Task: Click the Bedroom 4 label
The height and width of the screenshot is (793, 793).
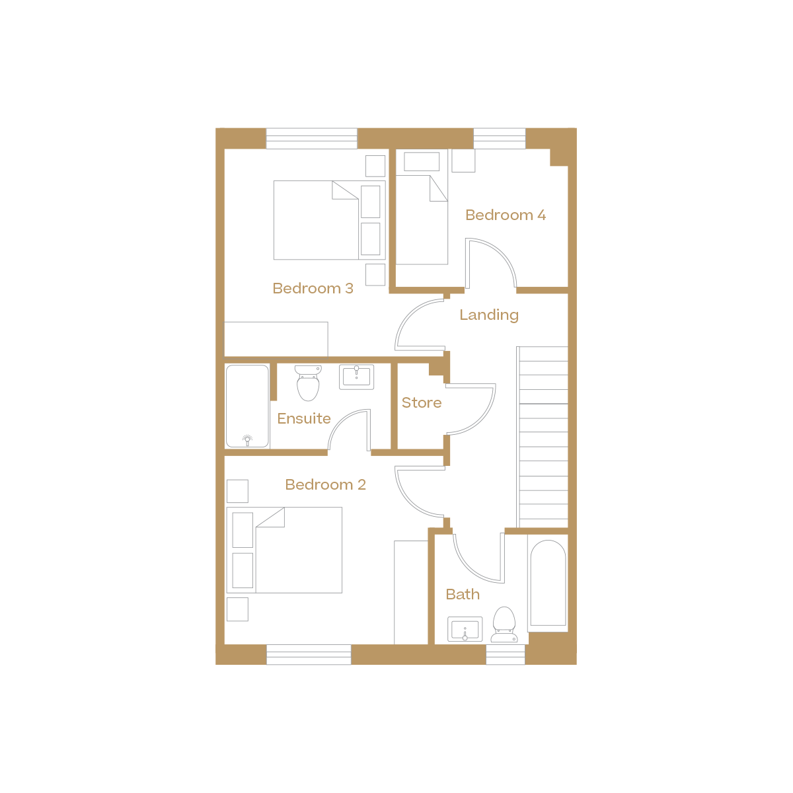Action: (506, 215)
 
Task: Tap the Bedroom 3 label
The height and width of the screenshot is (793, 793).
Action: (313, 289)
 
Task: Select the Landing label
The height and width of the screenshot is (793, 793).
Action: (489, 315)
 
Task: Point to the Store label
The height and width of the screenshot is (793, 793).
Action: (422, 403)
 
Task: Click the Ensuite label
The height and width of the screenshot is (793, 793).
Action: (304, 419)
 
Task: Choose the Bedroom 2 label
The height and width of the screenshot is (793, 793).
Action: (325, 485)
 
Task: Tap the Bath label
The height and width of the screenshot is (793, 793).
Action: (463, 595)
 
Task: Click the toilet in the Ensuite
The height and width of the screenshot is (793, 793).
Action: (308, 383)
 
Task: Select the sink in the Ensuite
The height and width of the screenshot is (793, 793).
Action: (357, 377)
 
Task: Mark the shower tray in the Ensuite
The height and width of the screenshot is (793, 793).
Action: (247, 406)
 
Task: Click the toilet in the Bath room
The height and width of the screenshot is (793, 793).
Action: (504, 624)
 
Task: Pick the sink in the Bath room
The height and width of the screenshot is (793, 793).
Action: (465, 629)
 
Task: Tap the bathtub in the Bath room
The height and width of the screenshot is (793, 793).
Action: (548, 583)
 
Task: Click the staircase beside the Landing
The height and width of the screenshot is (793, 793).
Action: (543, 436)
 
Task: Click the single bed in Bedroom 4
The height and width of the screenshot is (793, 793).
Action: (422, 218)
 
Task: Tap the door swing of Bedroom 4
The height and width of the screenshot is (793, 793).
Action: (492, 261)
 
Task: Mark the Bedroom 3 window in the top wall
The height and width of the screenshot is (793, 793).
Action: (311, 138)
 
